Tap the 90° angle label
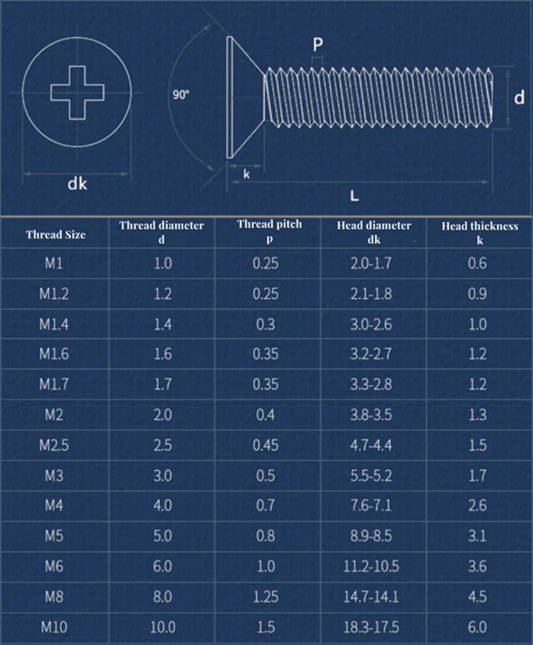[x=181, y=95]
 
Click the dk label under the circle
[x=78, y=184]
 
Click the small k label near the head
[x=247, y=174]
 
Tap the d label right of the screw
[x=519, y=97]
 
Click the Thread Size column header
[x=55, y=234]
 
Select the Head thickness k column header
[x=479, y=233]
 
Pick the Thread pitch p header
[x=269, y=231]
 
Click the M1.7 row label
[x=55, y=384]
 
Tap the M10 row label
[x=55, y=627]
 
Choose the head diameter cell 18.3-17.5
[x=374, y=627]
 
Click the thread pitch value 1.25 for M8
[x=265, y=596]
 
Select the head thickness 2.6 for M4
[x=478, y=506]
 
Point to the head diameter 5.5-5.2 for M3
[x=371, y=476]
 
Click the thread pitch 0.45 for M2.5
[x=266, y=445]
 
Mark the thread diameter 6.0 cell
[x=162, y=566]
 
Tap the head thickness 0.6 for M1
[x=478, y=263]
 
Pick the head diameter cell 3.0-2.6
[x=371, y=324]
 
